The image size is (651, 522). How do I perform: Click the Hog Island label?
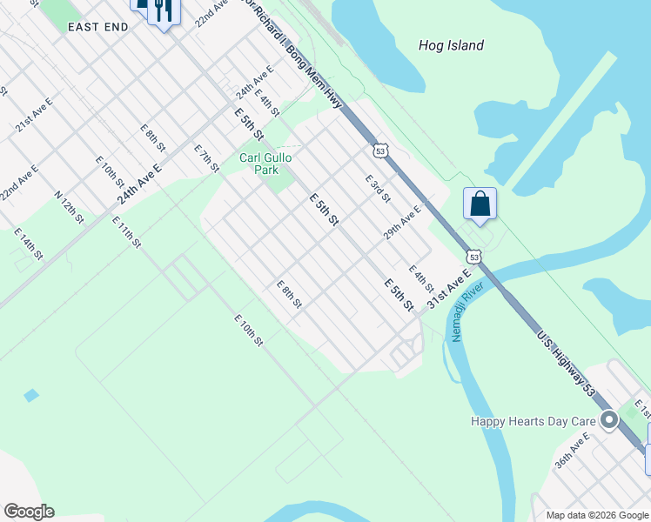451,45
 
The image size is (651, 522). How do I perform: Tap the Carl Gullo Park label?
265,164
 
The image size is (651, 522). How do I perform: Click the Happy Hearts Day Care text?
533,421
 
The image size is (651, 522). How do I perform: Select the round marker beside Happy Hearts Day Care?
609,421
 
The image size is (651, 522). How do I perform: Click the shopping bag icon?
480,204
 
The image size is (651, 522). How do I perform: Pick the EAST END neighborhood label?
98,27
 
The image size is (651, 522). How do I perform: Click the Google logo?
29,512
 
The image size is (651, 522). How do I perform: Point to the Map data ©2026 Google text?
597,515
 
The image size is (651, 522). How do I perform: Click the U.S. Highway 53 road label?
565,364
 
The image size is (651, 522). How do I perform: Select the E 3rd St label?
377,188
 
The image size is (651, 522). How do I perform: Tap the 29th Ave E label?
402,223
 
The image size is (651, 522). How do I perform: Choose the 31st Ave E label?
449,287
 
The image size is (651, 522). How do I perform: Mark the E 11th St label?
126,231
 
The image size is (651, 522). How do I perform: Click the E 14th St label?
28,244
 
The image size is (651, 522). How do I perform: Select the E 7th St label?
206,158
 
